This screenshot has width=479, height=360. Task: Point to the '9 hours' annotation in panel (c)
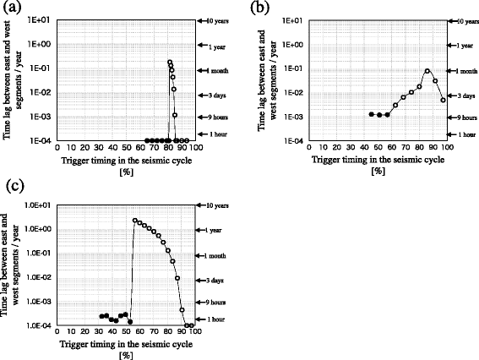point(215,302)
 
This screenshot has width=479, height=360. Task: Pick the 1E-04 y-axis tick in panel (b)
point(288,140)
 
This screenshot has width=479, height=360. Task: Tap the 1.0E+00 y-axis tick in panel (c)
point(39,229)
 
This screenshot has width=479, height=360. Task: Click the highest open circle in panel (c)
point(135,221)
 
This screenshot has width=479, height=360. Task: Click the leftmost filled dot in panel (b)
point(372,114)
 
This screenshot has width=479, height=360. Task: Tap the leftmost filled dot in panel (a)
point(147,140)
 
